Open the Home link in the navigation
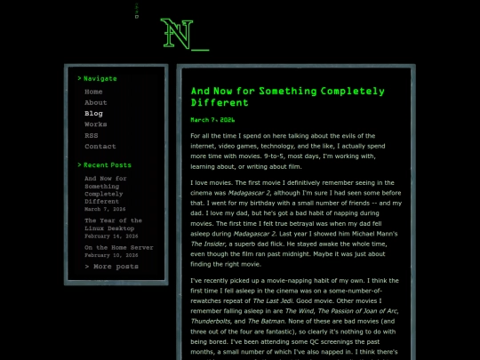click(93, 92)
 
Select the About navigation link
click(95, 103)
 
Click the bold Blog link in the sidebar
click(93, 114)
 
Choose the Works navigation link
click(95, 124)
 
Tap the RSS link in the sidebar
click(91, 135)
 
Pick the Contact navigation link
click(100, 146)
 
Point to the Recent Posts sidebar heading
click(107, 164)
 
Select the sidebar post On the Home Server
click(118, 247)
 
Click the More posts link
click(111, 266)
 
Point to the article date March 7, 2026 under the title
click(212, 119)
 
